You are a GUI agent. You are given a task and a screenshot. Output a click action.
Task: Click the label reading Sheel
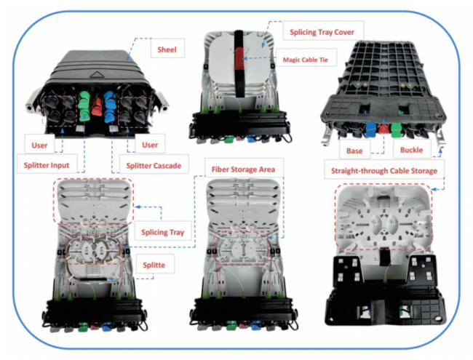[x=167, y=49]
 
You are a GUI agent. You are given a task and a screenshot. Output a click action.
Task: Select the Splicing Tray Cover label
[x=322, y=32]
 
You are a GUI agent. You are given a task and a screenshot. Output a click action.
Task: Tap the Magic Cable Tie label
[x=306, y=60]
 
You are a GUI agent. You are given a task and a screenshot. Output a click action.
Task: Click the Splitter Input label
[x=47, y=165]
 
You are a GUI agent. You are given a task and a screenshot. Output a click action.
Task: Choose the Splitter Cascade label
[x=154, y=166]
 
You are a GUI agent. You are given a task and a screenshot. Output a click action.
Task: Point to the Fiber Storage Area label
[x=243, y=169]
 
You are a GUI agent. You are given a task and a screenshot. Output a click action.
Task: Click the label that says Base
[x=354, y=151]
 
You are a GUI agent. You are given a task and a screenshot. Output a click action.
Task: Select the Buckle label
[x=411, y=150]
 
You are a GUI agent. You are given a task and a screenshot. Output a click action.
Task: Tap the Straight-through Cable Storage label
[x=384, y=171]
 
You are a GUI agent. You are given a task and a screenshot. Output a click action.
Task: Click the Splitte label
[x=154, y=265]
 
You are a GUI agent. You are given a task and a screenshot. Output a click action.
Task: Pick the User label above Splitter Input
[x=39, y=145]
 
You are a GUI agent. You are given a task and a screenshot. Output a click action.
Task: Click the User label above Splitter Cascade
[x=150, y=145]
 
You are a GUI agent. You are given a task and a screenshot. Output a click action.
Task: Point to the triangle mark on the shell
[x=97, y=74]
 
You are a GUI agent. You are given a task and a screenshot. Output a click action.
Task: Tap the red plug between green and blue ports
[x=97, y=104]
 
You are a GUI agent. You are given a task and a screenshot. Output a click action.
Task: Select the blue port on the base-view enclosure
[x=370, y=130]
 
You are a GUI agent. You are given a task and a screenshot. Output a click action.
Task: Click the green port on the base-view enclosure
[x=396, y=130]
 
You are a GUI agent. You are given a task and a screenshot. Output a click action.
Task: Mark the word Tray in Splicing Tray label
[x=177, y=232]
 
